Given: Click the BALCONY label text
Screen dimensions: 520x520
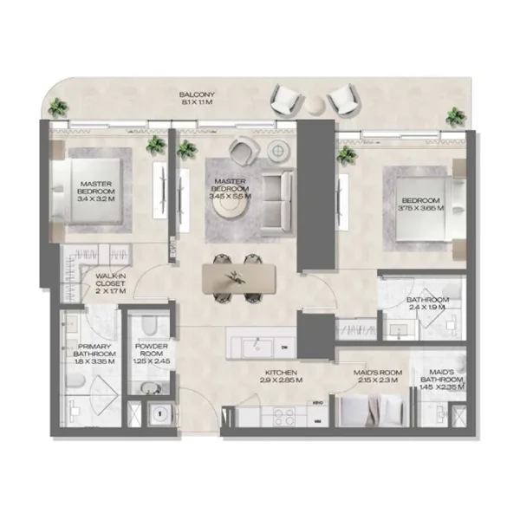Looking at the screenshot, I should click(x=191, y=94).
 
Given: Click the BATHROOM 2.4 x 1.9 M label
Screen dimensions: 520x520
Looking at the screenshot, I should click(x=427, y=305).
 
